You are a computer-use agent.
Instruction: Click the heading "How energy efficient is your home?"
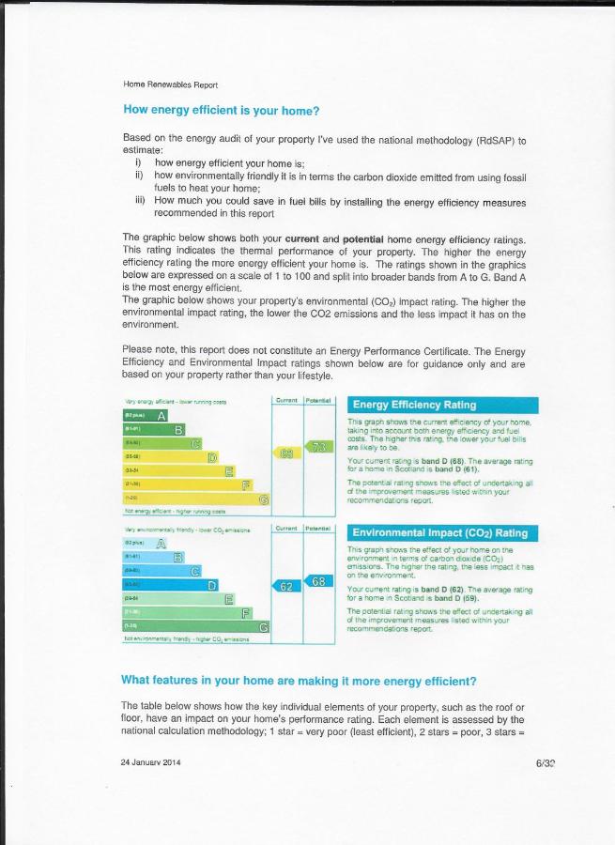click(222, 110)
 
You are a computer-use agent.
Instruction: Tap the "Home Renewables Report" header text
click(171, 84)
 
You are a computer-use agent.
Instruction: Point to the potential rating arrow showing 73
click(319, 447)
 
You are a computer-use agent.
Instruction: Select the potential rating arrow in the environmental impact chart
click(319, 581)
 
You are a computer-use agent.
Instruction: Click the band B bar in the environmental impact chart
click(154, 558)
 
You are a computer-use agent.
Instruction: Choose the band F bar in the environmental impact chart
click(188, 613)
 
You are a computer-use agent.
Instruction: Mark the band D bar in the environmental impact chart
click(171, 585)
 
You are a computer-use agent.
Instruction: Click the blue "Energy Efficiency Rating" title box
click(442, 405)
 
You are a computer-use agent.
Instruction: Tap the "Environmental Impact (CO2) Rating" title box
click(442, 533)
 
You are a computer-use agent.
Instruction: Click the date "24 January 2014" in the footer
click(150, 762)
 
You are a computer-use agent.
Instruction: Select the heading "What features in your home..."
click(299, 680)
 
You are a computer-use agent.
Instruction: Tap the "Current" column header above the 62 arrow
click(287, 529)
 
